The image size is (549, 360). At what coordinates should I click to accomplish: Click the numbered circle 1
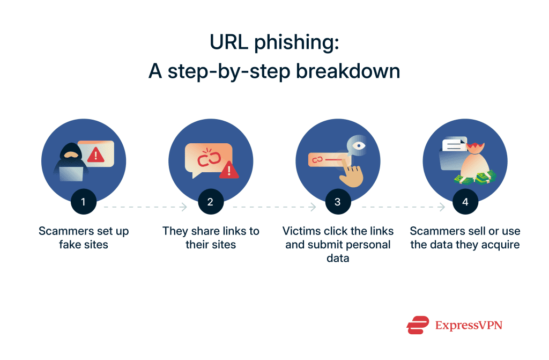(83, 202)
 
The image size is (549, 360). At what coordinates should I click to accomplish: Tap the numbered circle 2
(210, 202)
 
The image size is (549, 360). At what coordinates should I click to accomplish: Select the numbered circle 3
(337, 202)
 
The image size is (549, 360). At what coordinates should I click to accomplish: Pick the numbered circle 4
(465, 202)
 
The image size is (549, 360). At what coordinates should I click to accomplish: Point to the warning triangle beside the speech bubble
(229, 170)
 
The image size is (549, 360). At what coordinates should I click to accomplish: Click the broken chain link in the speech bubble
(206, 159)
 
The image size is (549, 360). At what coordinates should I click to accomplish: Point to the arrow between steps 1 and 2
(145, 206)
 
